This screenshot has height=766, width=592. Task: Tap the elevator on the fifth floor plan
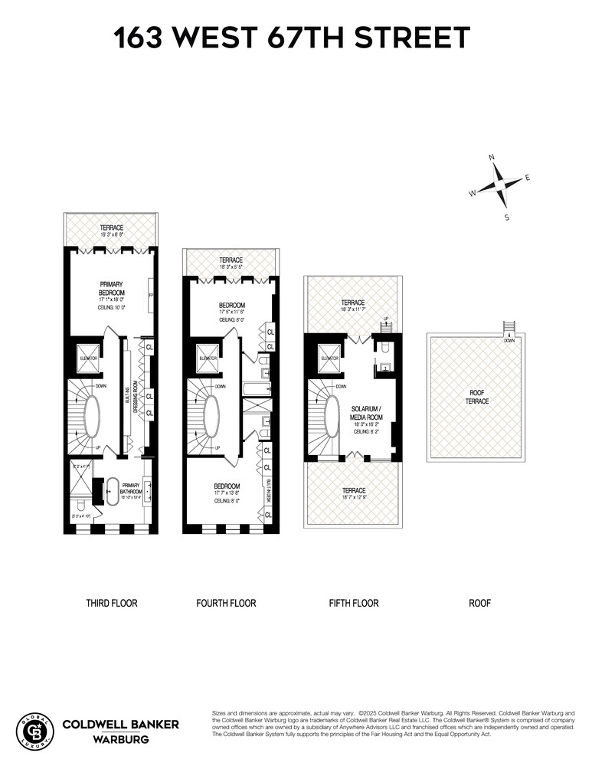(x=329, y=358)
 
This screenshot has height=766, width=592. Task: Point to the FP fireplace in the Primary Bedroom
(x=151, y=293)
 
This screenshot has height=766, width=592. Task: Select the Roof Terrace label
(x=476, y=396)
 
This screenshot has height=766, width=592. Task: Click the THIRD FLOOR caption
(x=112, y=604)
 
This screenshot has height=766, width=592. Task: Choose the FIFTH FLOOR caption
(x=354, y=604)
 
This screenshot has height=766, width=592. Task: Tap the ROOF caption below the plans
(x=479, y=604)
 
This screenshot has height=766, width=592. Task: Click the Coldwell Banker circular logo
(x=35, y=731)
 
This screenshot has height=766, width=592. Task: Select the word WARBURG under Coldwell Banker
(x=120, y=740)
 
